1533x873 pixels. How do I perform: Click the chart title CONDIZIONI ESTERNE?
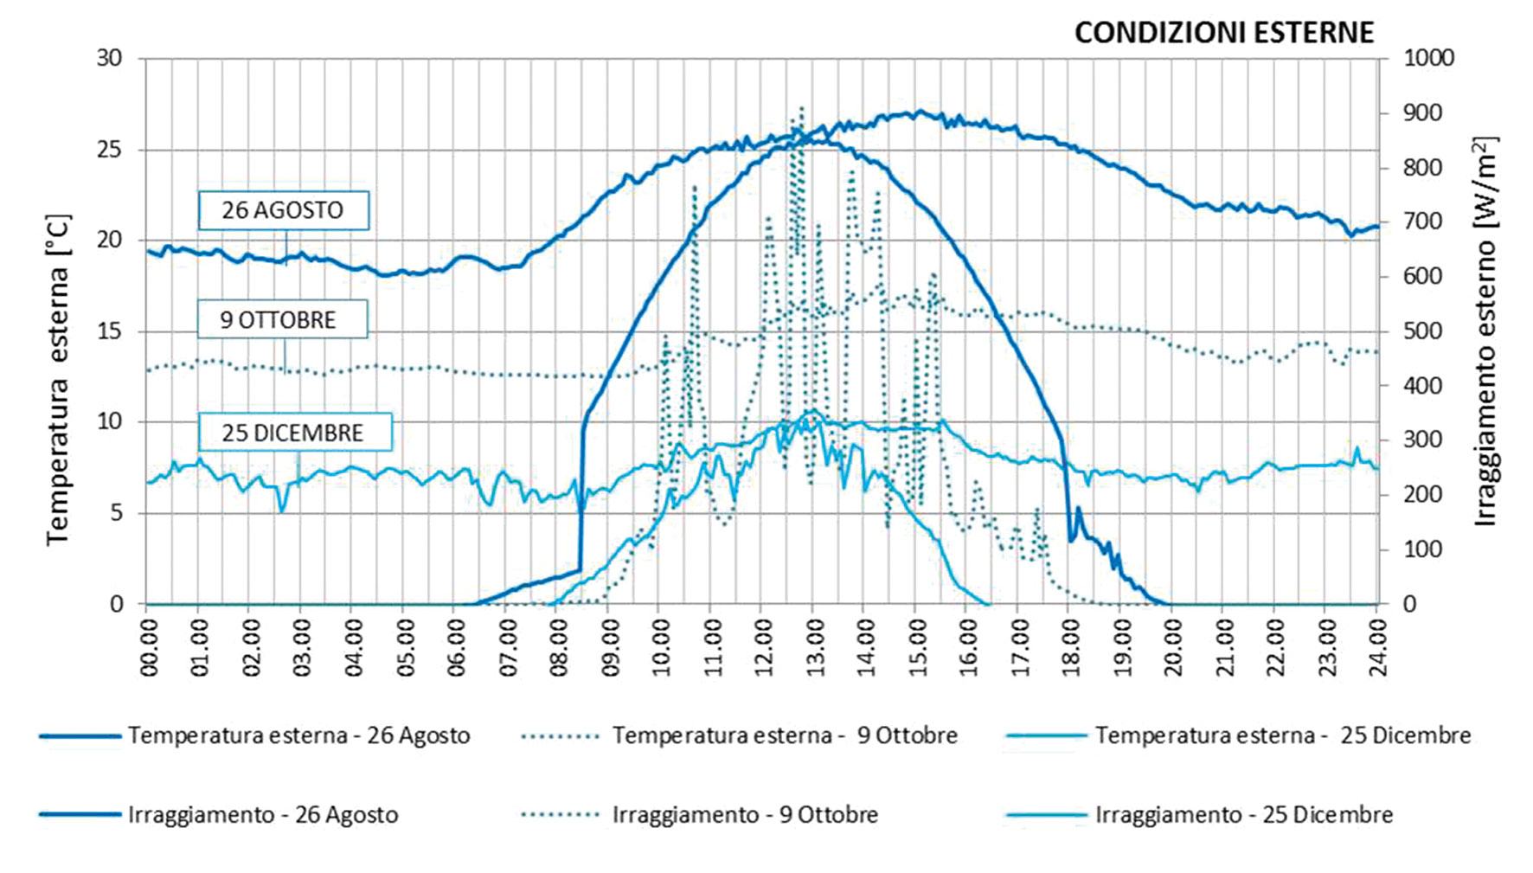pos(1223,33)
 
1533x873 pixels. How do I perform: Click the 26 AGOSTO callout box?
pos(283,210)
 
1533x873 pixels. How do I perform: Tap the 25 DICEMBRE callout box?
pos(293,433)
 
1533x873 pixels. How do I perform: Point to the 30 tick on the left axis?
pos(109,58)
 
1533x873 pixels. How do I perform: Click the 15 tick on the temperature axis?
pos(109,331)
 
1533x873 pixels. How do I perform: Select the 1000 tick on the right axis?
pos(1428,58)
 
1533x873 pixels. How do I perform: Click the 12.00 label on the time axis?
pos(761,647)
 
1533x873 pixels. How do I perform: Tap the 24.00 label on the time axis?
pos(1377,647)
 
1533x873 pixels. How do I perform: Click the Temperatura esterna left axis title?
pos(58,381)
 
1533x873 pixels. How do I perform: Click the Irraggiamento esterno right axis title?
pos(1485,331)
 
